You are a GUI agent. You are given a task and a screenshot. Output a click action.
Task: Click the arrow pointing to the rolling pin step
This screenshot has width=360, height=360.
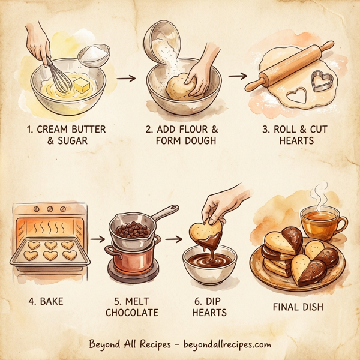(238, 76)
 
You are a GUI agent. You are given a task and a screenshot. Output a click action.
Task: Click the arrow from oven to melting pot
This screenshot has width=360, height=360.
(96, 238)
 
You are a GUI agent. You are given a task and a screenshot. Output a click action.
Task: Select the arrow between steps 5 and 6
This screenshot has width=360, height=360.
(173, 238)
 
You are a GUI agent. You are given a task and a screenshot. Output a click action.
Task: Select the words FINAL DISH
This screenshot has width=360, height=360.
(299, 307)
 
